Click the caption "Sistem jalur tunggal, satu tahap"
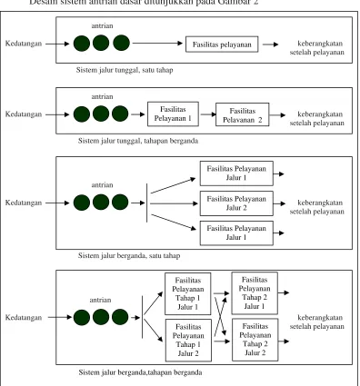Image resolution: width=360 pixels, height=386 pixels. tap(125, 70)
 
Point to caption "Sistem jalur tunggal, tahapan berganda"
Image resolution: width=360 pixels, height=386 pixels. tap(138, 141)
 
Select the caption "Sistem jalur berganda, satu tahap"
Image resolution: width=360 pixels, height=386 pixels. tap(129, 256)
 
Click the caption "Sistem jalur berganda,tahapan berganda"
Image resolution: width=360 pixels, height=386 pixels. tap(140, 372)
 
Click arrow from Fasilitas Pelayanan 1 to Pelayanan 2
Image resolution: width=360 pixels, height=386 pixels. tap(208, 114)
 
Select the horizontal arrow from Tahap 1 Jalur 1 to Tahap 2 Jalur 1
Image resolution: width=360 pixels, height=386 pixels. tap(221, 293)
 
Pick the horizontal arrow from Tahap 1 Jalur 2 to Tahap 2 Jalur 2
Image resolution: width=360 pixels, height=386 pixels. tap(222, 341)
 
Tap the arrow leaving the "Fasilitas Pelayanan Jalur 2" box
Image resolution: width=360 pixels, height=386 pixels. tap(279, 203)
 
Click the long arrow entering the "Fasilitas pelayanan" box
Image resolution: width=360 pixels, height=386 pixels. tap(157, 43)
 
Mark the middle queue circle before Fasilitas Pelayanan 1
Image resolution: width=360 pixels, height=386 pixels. tap(101, 114)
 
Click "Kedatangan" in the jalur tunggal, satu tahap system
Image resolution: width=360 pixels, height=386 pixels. tap(24, 44)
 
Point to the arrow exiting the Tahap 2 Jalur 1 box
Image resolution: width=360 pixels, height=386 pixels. tap(284, 292)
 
